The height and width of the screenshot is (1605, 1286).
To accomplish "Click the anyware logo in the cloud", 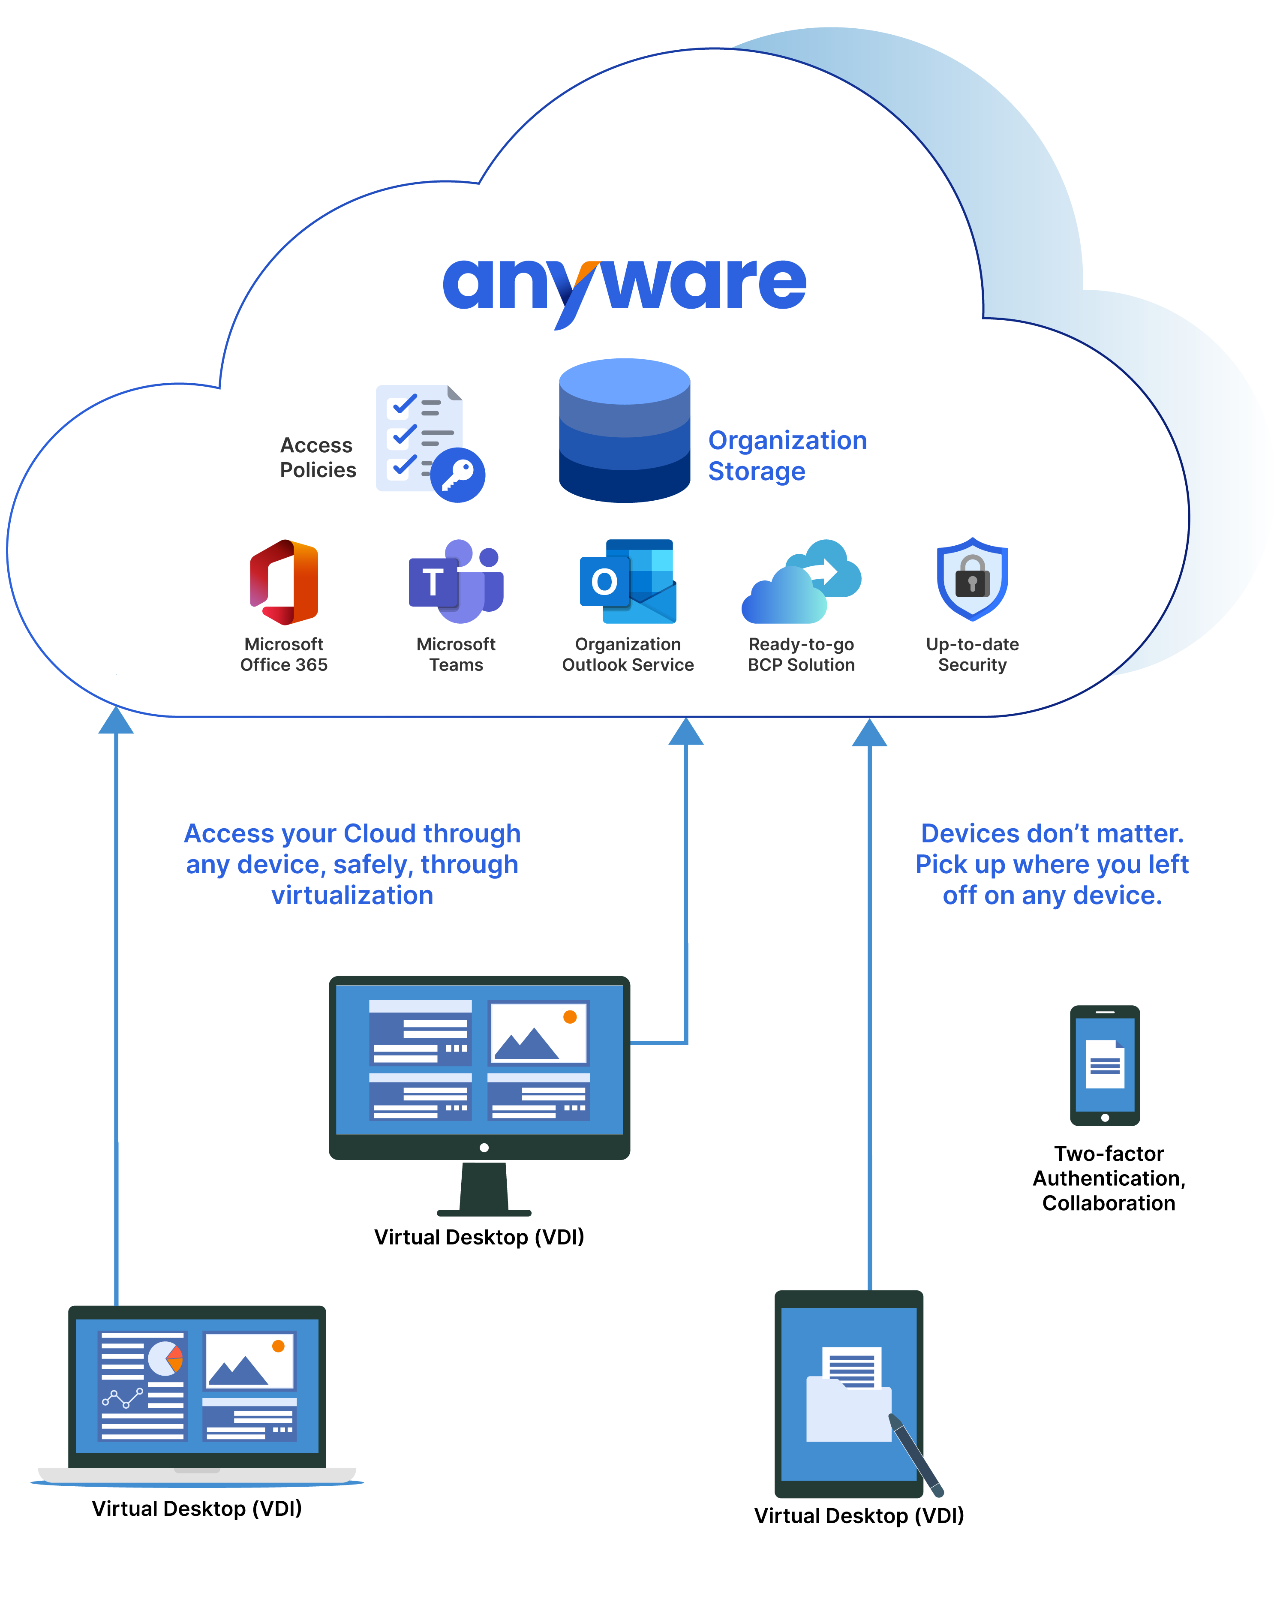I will (624, 287).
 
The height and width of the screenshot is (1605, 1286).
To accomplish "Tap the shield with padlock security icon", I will (972, 579).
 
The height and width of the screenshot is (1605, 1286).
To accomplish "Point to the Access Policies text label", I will (318, 457).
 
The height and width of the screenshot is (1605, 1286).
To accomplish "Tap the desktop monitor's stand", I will (484, 1188).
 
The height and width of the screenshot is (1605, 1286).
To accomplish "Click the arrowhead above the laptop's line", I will (116, 721).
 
